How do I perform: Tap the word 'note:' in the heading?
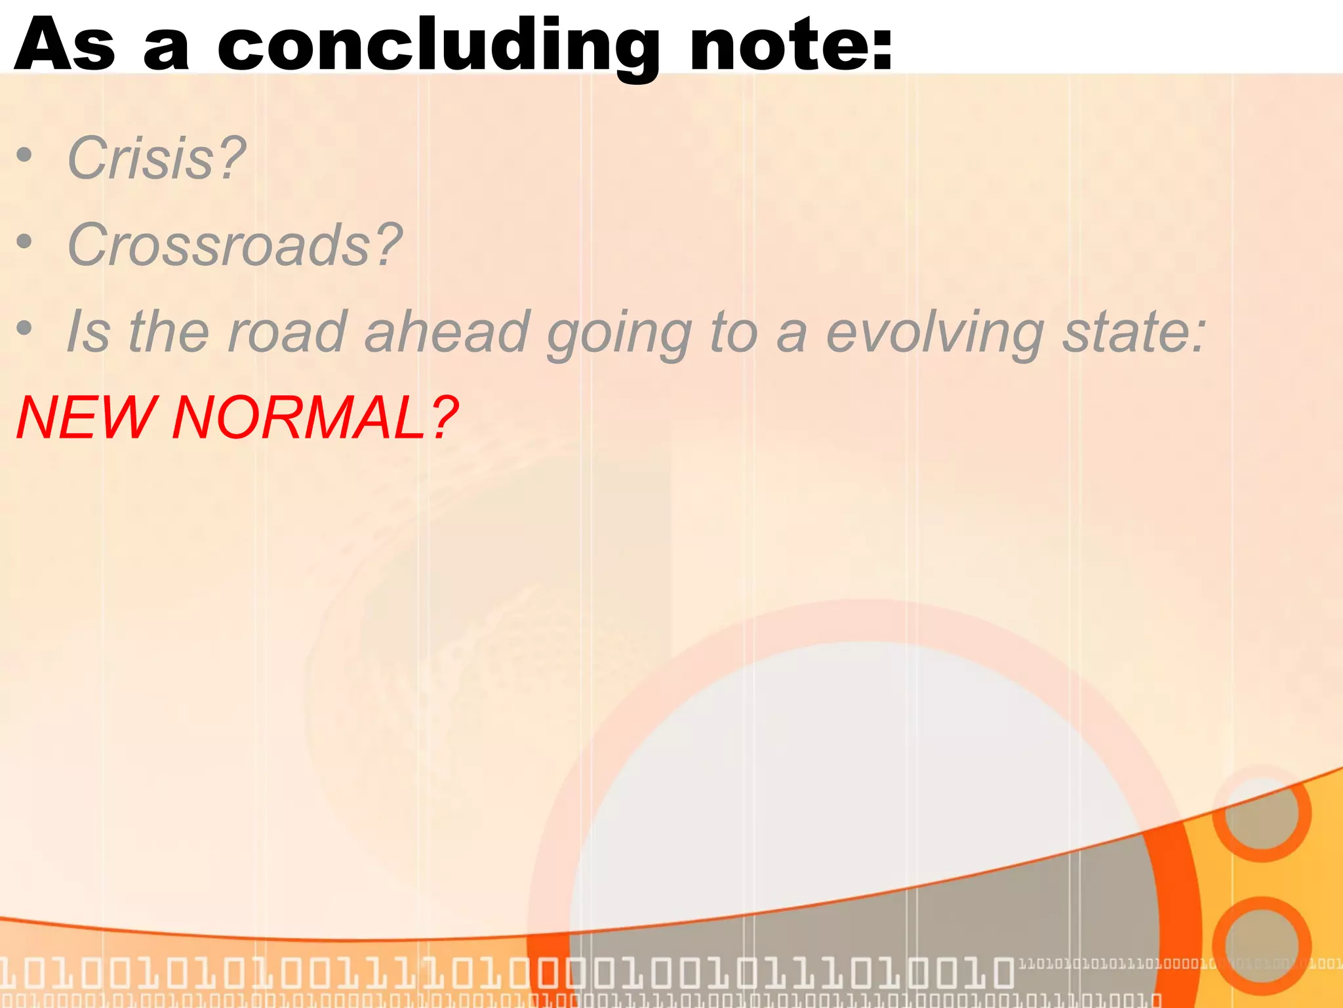pyautogui.click(x=791, y=46)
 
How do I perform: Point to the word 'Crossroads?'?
pyautogui.click(x=234, y=244)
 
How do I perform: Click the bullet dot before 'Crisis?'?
pyautogui.click(x=24, y=156)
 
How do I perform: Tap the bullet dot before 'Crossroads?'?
pyautogui.click(x=24, y=242)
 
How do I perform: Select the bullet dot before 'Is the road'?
pyautogui.click(x=24, y=327)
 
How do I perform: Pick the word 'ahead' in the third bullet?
pyautogui.click(x=447, y=332)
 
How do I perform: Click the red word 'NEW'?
pyautogui.click(x=85, y=418)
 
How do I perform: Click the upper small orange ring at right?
pyautogui.click(x=1261, y=813)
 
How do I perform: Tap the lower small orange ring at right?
pyautogui.click(x=1261, y=946)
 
